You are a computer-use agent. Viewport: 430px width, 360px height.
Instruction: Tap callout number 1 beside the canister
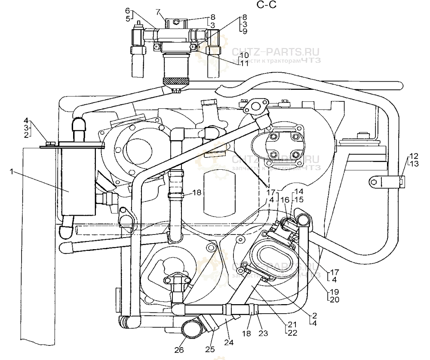13,171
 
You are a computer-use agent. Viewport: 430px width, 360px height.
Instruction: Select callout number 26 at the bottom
179,349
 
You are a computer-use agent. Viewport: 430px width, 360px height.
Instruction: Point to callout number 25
209,349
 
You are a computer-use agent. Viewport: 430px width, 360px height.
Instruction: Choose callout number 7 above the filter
158,10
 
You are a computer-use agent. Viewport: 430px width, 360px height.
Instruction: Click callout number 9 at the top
244,32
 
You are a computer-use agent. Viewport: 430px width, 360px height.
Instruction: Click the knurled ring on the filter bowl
175,81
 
